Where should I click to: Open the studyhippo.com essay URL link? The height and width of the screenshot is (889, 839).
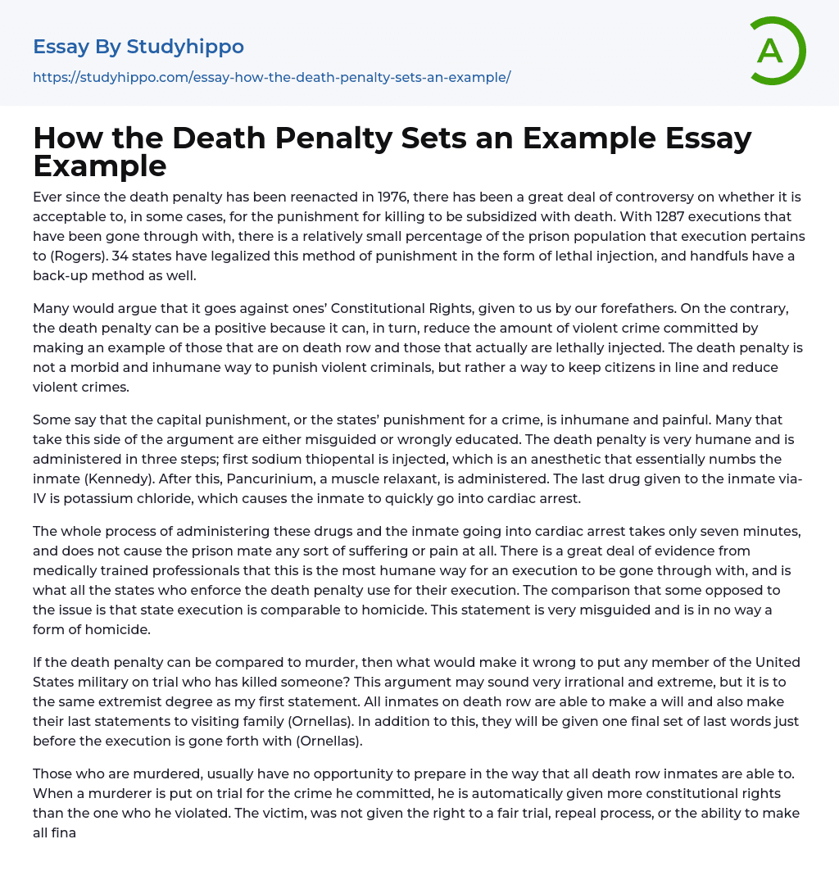click(271, 77)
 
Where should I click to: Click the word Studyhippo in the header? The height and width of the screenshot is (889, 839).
click(186, 47)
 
